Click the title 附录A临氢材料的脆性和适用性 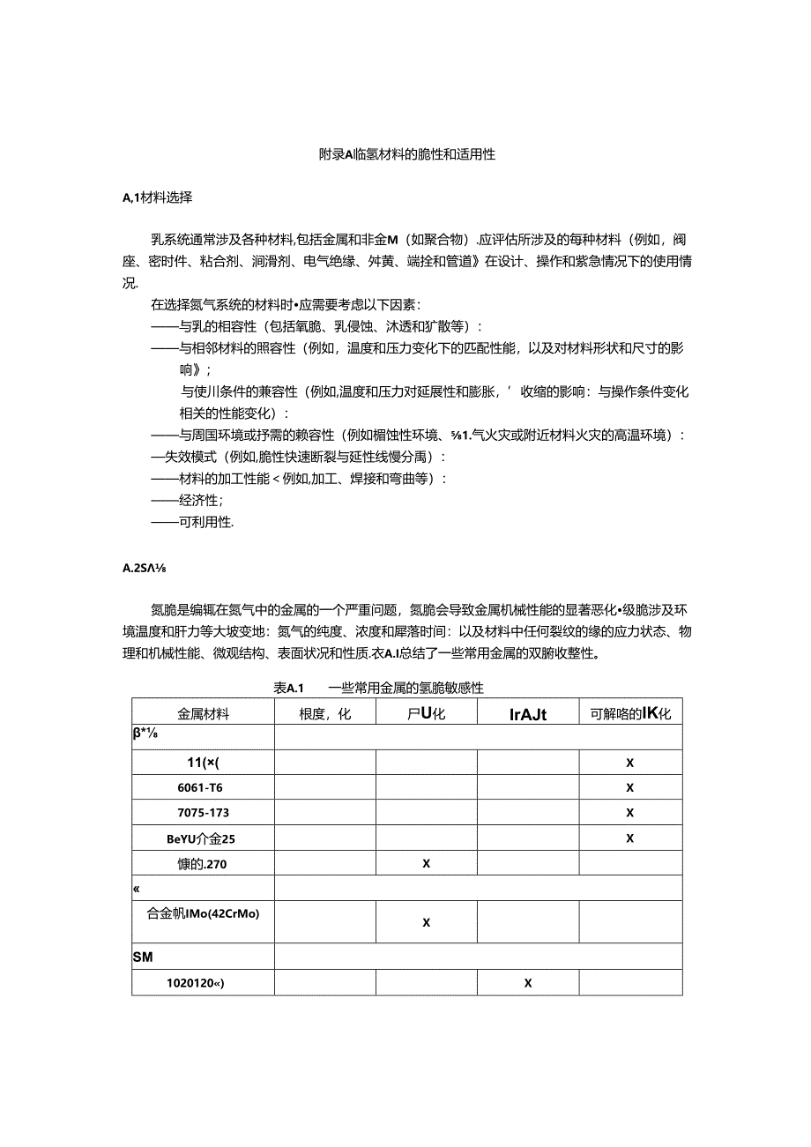(x=406, y=153)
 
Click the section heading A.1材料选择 (x=157, y=197)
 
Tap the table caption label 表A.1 (x=289, y=688)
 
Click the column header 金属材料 (x=203, y=714)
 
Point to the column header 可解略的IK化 (x=630, y=714)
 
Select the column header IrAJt (x=528, y=714)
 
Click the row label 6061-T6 (x=203, y=787)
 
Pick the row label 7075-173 (x=203, y=812)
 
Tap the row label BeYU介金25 (x=203, y=838)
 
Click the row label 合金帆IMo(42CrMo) (x=203, y=913)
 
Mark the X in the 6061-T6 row (x=630, y=787)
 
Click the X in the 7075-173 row (x=630, y=812)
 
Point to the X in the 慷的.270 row (x=426, y=863)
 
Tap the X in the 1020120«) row (x=528, y=982)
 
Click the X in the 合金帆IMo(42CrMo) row (x=426, y=922)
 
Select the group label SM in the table (x=143, y=956)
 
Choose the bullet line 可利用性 (x=205, y=522)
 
